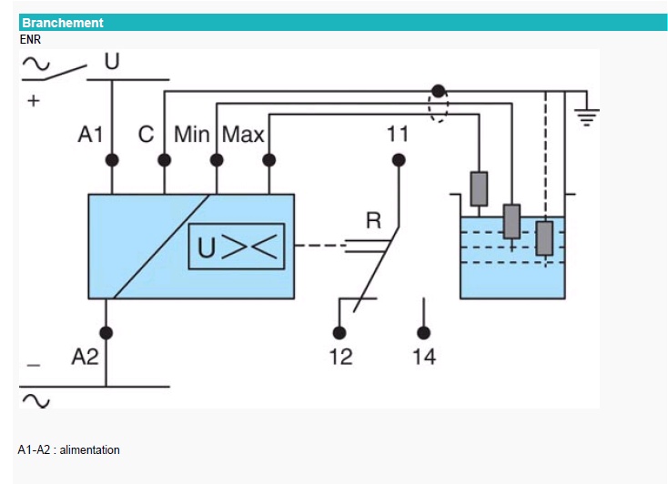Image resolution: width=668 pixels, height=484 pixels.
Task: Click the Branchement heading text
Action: pos(63,23)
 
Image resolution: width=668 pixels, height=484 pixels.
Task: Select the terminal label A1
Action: pos(91,136)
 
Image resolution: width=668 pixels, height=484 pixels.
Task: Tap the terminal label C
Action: pos(146,136)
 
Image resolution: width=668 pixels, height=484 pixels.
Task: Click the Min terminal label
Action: pos(192,136)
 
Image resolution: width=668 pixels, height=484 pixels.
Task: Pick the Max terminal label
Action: pos(243,136)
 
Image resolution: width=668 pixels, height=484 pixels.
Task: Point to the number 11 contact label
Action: pos(398,136)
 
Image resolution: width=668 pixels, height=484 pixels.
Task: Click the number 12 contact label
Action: pos(340,357)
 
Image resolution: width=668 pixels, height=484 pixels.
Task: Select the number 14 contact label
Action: pos(424,357)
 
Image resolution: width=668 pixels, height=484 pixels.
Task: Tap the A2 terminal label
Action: pos(85,357)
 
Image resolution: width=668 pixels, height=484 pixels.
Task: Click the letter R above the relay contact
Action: pos(373,220)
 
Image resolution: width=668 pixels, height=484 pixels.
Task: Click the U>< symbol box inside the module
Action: pos(237,246)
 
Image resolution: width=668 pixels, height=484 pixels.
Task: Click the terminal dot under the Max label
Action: pos(268,160)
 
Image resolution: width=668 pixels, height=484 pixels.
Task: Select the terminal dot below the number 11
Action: pos(398,161)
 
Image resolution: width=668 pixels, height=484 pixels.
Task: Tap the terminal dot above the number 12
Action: pos(340,332)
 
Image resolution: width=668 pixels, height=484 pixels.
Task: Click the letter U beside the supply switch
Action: pos(112,62)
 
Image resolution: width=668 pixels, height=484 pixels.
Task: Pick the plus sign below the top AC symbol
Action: pos(34,101)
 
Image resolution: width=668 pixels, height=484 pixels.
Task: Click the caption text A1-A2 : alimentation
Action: pos(69,449)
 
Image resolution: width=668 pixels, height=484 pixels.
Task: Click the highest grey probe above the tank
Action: pos(479,188)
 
